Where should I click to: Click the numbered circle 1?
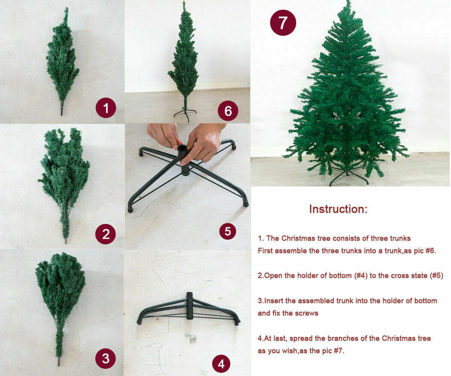pos(106,108)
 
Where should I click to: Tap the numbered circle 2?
pos(106,234)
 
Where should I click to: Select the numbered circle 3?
pos(106,358)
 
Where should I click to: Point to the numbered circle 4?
pos(221,364)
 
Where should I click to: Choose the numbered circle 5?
pos(228,231)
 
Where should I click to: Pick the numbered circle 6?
pos(228,111)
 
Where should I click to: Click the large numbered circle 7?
pos(283,22)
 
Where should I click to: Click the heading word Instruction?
pos(338,209)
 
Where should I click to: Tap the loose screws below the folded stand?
pos(191,337)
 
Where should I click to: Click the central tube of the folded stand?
pos(189,305)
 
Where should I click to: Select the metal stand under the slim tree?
pos(185,113)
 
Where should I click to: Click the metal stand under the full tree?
pos(348,176)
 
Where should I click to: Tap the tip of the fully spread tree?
pos(349,1)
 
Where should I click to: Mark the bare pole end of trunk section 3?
pos(59,361)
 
